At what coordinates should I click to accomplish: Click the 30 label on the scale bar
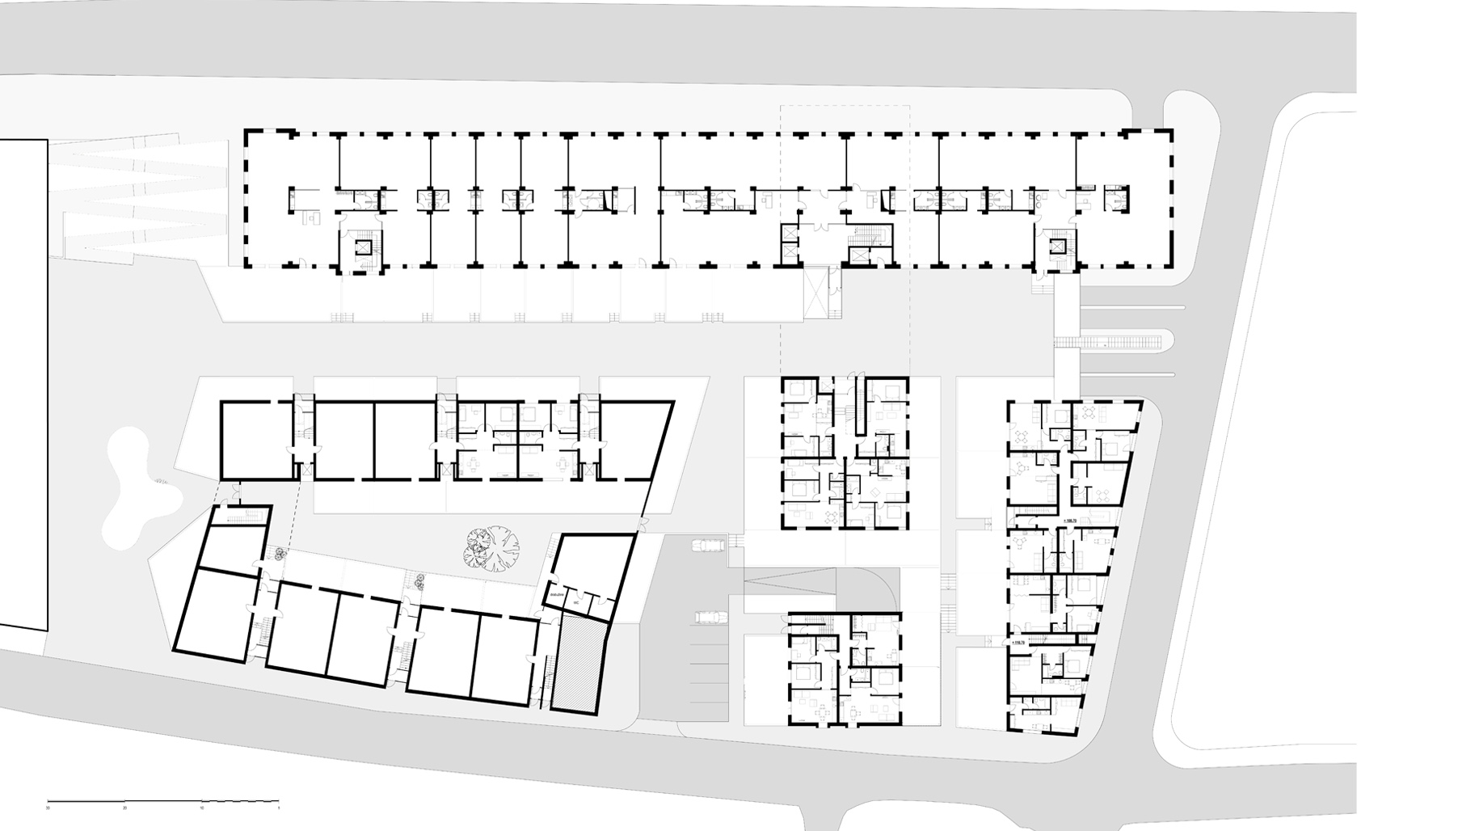point(48,808)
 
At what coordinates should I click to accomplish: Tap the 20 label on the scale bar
point(124,808)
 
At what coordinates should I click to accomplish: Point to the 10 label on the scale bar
point(202,808)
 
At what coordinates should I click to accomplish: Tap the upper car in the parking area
point(709,546)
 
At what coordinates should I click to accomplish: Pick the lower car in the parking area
point(711,618)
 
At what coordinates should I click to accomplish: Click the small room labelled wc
point(578,603)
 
